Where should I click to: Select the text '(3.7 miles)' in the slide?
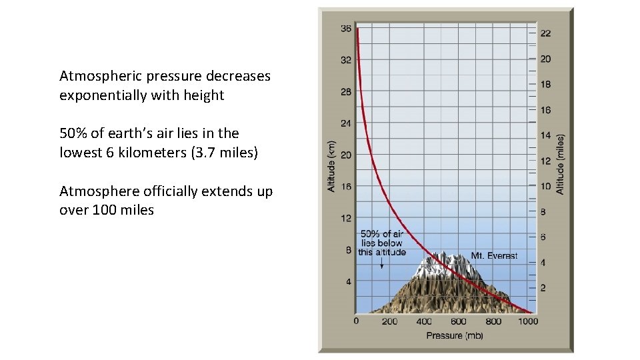pos(224,153)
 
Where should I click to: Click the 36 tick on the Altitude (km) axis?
pos(346,29)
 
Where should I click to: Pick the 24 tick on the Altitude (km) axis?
pos(346,123)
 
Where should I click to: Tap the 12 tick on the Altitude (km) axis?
pos(346,219)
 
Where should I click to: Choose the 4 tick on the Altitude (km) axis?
pos(348,282)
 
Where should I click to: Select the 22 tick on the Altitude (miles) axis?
pos(545,34)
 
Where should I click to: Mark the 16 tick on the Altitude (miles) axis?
pos(545,110)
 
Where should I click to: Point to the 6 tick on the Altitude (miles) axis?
pos(543,237)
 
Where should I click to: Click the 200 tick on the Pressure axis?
pos(389,321)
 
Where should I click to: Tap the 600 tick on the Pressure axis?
pos(459,321)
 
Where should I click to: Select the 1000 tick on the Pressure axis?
pos(528,321)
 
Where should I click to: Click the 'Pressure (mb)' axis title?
pos(455,335)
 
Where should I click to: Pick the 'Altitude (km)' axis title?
pos(331,165)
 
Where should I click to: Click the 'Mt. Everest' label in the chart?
pos(494,256)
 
